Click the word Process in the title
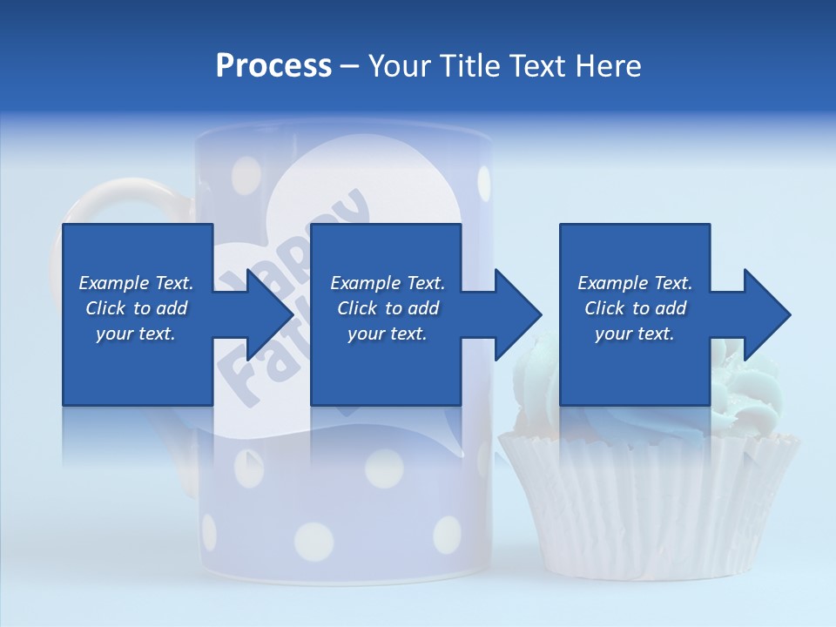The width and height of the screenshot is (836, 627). tap(273, 66)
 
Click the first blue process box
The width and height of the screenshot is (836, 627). tap(137, 261)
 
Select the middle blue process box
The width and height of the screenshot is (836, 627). tap(387, 261)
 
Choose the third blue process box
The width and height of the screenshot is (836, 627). tap(635, 261)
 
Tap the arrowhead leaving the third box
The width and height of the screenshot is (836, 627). tap(765, 314)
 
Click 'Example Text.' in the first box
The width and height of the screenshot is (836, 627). tap(136, 283)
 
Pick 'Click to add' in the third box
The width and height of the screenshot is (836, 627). tap(635, 308)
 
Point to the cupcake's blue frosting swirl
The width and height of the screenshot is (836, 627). tap(749, 383)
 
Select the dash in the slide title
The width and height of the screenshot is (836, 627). tap(350, 66)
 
